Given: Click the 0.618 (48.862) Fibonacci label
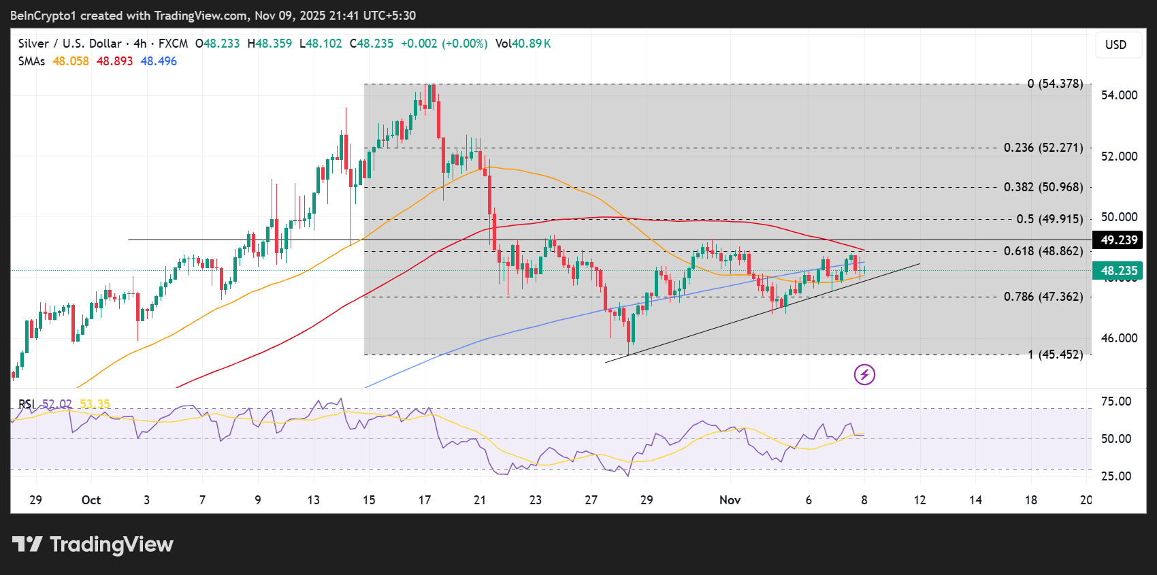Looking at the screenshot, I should [1043, 251].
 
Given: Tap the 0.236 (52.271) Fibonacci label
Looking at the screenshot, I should [1043, 148].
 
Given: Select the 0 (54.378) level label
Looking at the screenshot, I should [1054, 84].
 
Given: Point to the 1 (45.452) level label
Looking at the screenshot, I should [1055, 355].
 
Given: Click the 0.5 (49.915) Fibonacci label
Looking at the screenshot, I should [1049, 219].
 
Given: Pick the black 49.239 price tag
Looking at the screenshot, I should [1118, 240].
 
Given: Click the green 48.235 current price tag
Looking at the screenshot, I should [1118, 271].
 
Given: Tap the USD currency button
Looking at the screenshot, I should [1115, 45].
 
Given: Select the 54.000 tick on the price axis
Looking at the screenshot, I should [1119, 95].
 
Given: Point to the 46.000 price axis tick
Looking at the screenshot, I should [1119, 338].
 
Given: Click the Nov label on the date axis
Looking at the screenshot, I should [730, 500].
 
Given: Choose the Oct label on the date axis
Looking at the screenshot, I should [91, 500].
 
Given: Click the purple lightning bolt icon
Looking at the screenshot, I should [864, 374].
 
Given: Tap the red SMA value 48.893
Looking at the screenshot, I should [114, 61].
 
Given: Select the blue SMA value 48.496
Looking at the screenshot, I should [159, 61].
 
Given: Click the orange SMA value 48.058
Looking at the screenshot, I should [71, 61].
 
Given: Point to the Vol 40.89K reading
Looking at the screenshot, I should [523, 44].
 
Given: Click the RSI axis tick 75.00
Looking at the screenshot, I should [1116, 401].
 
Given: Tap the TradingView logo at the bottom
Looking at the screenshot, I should [93, 544].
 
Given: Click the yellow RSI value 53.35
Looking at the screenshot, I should [95, 404].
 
